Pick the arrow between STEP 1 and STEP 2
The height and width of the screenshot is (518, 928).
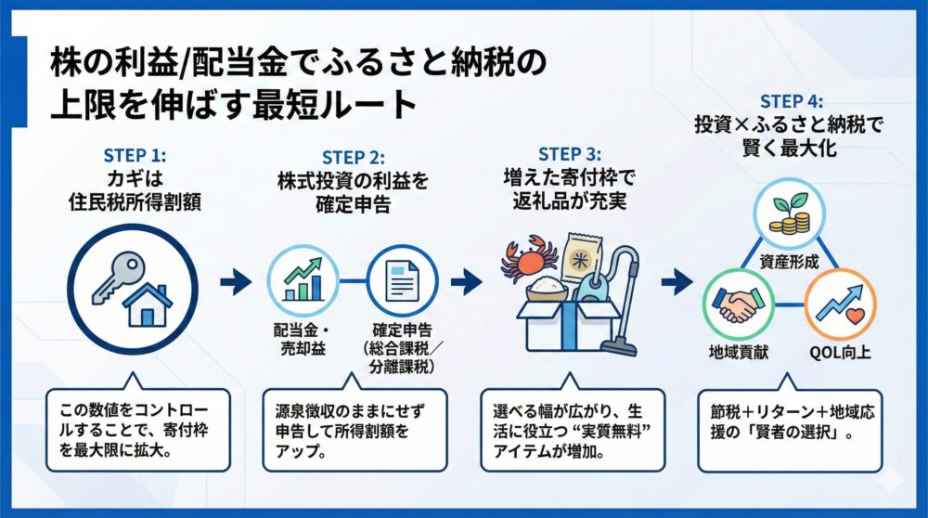point(238,278)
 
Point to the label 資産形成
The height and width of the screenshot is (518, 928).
point(789,263)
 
